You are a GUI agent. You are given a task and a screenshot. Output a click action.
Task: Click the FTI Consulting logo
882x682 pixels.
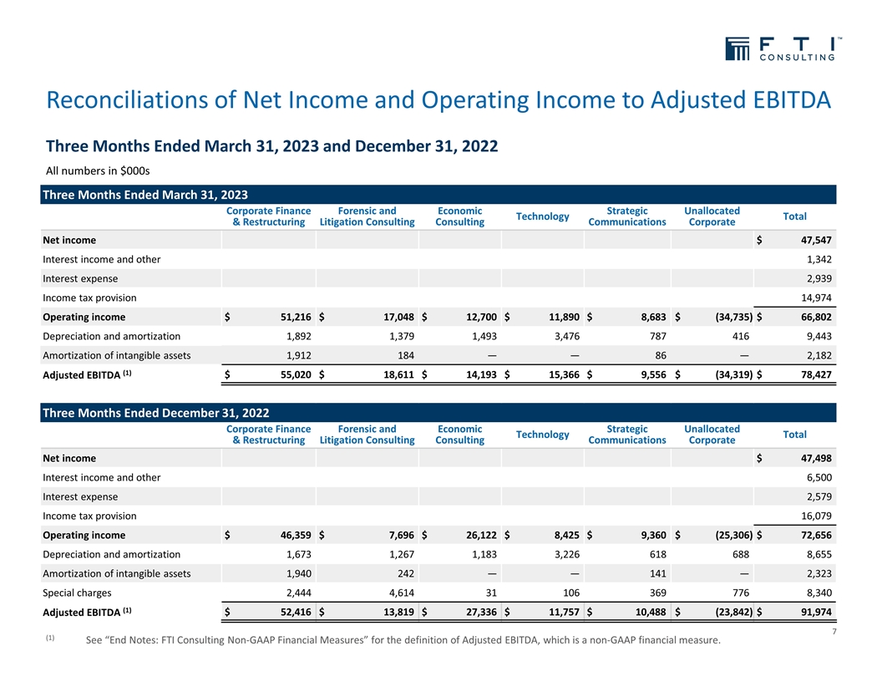[780, 49]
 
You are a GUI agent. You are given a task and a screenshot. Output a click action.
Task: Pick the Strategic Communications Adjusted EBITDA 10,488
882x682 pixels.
[643, 612]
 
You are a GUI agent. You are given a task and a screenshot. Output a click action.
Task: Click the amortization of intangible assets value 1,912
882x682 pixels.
[296, 355]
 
